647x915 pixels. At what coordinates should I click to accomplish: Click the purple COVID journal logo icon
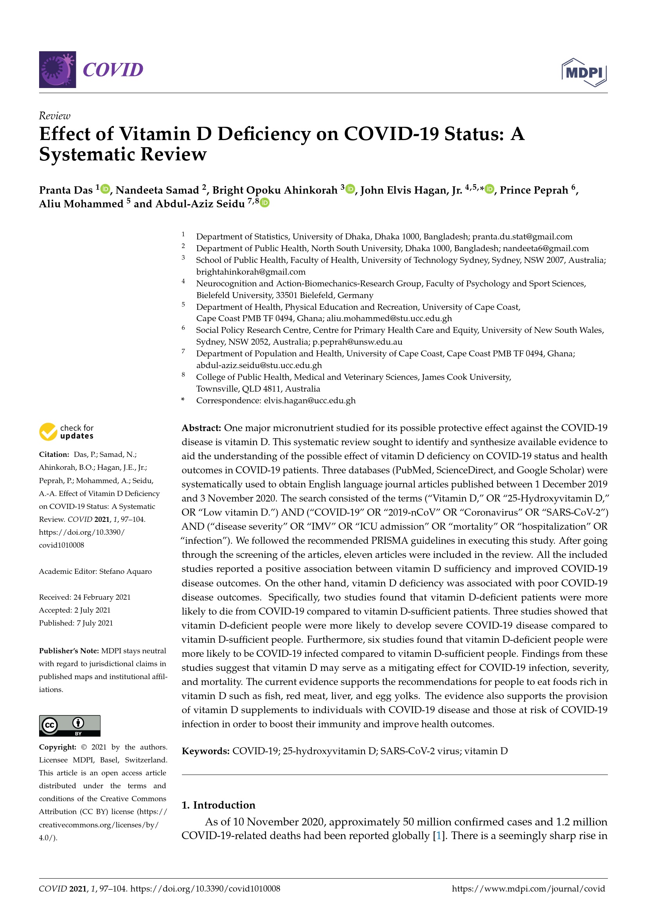[x=58, y=70]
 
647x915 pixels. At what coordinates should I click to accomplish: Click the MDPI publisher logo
[x=584, y=72]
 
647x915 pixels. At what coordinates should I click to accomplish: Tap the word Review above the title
[x=55, y=116]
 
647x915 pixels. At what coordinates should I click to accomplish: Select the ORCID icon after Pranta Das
[x=105, y=189]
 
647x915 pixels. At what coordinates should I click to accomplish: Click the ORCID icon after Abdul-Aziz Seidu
[x=265, y=203]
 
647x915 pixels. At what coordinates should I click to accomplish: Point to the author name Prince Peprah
[x=534, y=191]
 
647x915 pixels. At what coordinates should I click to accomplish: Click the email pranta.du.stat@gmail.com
[x=522, y=237]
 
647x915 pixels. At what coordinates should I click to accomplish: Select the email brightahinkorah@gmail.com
[x=251, y=272]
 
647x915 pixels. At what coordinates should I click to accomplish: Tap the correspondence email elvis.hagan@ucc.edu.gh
[x=309, y=401]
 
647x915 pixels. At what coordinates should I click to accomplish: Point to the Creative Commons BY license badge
[x=70, y=726]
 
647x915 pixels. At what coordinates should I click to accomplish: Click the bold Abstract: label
[x=201, y=428]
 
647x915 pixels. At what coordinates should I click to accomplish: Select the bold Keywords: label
[x=205, y=751]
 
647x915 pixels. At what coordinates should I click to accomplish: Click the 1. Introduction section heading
[x=218, y=805]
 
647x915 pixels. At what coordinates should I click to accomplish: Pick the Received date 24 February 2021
[x=102, y=597]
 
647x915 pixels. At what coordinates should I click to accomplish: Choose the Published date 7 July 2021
[x=95, y=623]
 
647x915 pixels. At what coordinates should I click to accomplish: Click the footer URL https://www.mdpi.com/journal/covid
[x=528, y=889]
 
